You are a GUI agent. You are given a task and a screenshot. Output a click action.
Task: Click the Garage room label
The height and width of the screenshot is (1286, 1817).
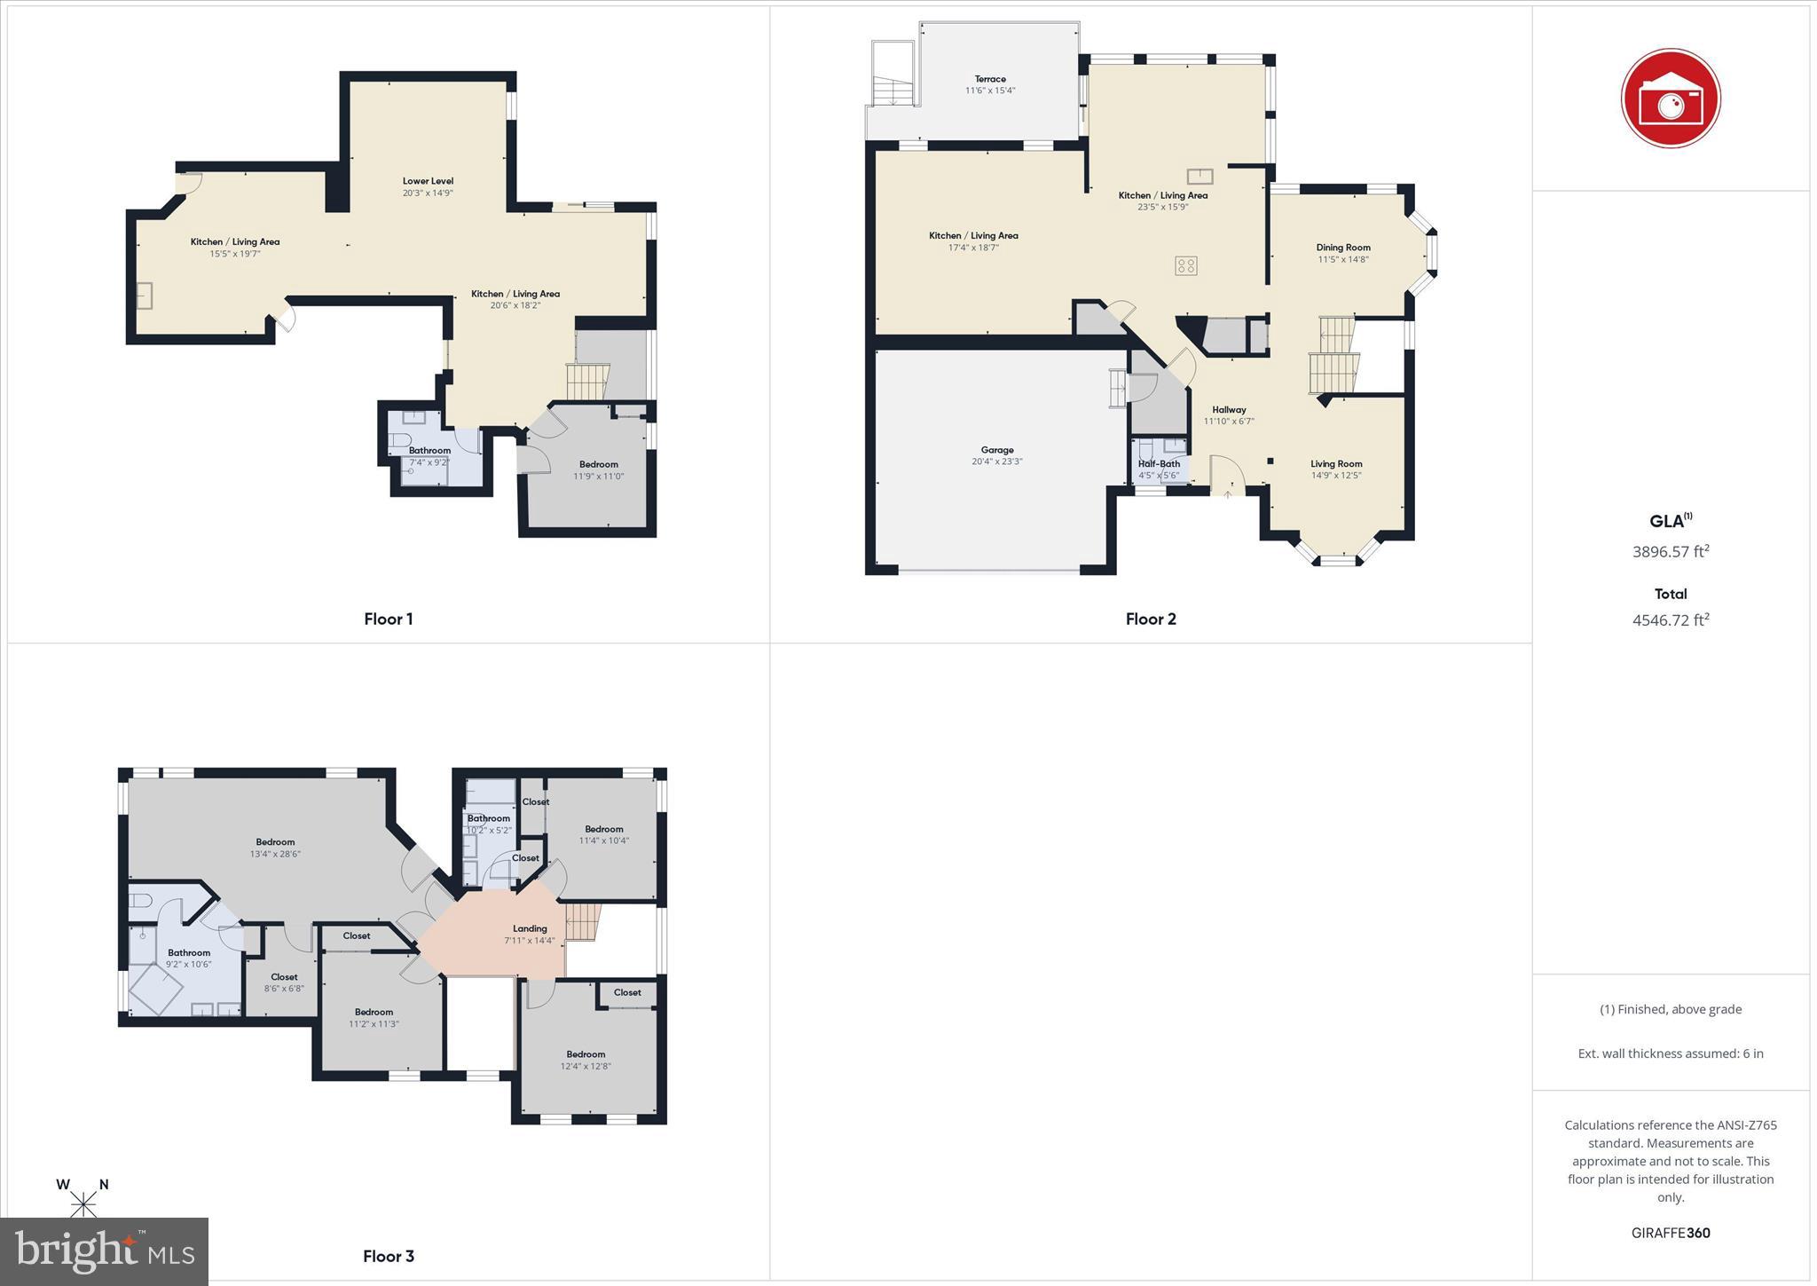[x=997, y=450]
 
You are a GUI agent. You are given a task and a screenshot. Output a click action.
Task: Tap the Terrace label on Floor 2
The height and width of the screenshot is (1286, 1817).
[x=990, y=79]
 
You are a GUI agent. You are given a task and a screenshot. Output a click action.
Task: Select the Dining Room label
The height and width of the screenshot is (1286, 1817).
[x=1343, y=248]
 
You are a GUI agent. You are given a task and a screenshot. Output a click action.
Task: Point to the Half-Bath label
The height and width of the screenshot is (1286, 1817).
[x=1159, y=463]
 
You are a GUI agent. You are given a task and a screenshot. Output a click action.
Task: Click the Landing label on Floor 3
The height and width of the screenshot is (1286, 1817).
[x=530, y=928]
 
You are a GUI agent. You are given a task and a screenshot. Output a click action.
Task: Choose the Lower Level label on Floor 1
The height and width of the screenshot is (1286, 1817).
[x=428, y=181]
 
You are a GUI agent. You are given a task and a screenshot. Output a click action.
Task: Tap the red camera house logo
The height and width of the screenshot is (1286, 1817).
[x=1670, y=99]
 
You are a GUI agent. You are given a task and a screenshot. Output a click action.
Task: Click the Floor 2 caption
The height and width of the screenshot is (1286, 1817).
[x=1151, y=619]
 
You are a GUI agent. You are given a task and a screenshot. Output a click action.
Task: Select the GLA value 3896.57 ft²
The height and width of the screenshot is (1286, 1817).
[x=1670, y=551]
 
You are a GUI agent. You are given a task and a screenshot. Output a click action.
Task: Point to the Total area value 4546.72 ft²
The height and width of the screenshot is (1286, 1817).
[x=1670, y=619]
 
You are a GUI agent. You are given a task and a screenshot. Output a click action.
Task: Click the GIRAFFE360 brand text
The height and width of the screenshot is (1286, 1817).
[x=1670, y=1233]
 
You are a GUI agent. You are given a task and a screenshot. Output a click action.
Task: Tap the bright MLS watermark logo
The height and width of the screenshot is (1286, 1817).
[x=105, y=1251]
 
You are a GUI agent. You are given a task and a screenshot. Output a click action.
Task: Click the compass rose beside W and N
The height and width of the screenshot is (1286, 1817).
[x=84, y=1203]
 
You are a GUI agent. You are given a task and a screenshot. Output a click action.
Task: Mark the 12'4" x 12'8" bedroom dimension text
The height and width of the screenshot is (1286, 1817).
[x=586, y=1066]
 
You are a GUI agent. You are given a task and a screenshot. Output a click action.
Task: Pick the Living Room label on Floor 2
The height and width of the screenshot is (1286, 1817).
[x=1336, y=463]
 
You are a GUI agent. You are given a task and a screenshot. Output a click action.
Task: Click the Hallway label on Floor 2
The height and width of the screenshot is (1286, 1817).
[x=1229, y=409]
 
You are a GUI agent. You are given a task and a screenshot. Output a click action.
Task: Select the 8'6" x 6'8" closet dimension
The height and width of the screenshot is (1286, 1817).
[x=284, y=989]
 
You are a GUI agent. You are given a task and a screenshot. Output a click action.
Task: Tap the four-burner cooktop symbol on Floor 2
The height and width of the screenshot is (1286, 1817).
[x=1185, y=265]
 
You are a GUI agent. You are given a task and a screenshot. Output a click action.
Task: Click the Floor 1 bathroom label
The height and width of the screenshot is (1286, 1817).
[x=429, y=450]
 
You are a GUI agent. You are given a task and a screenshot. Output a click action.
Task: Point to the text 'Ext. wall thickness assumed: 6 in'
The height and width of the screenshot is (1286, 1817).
[x=1670, y=1053]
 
